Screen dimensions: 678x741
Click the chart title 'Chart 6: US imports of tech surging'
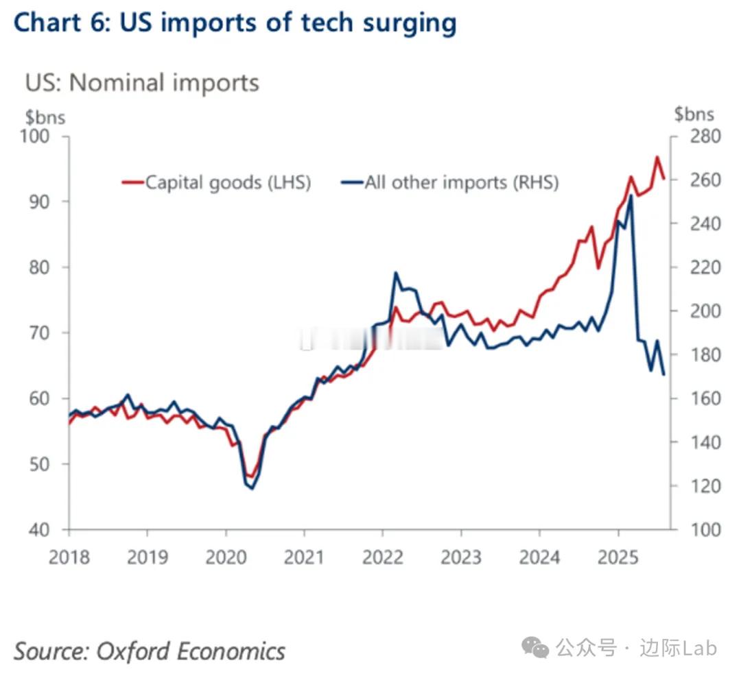coord(235,23)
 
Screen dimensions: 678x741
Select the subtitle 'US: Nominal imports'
coord(142,82)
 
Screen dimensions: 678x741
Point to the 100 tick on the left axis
coord(36,136)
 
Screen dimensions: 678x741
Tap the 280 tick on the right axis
coord(701,136)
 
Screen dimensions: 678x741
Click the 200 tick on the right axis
coord(701,311)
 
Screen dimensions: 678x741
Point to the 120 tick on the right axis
coord(701,486)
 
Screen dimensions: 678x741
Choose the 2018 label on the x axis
coord(69,556)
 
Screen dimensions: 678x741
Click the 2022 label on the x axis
coord(383,556)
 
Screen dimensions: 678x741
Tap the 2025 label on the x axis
coord(618,556)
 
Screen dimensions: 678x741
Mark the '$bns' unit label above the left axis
coord(45,117)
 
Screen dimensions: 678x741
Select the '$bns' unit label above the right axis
coord(694,114)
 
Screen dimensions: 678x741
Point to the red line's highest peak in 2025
coord(657,157)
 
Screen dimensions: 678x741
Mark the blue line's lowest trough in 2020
coord(252,488)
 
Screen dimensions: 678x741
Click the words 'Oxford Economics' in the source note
coord(190,650)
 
